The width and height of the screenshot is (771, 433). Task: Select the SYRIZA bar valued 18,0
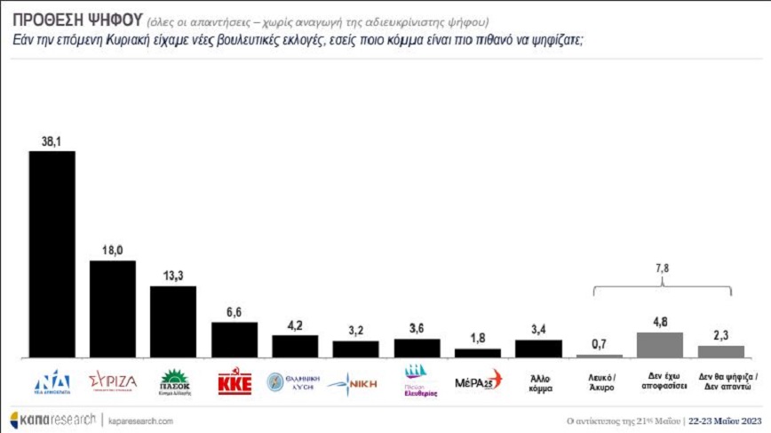point(113,309)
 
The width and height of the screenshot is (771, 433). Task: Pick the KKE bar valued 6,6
point(234,340)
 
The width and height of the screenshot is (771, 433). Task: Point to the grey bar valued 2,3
point(719,352)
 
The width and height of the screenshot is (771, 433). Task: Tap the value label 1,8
point(477,338)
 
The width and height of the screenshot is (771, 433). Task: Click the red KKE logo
point(234,383)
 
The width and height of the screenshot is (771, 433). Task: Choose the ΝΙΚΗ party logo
point(355,384)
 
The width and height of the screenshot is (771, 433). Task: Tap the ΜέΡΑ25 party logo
point(478,383)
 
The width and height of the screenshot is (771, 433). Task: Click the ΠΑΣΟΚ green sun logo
point(173,381)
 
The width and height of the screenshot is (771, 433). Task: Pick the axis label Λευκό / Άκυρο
point(599,382)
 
